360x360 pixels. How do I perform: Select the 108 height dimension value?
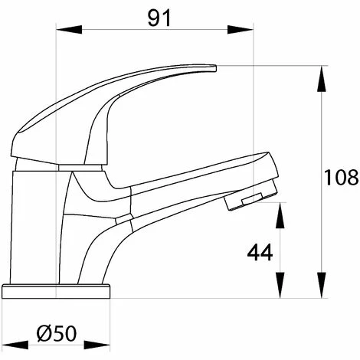(x=341, y=178)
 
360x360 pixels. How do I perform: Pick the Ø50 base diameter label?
(x=57, y=335)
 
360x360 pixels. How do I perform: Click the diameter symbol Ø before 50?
(x=44, y=335)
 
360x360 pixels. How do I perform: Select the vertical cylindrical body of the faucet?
(x=38, y=222)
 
